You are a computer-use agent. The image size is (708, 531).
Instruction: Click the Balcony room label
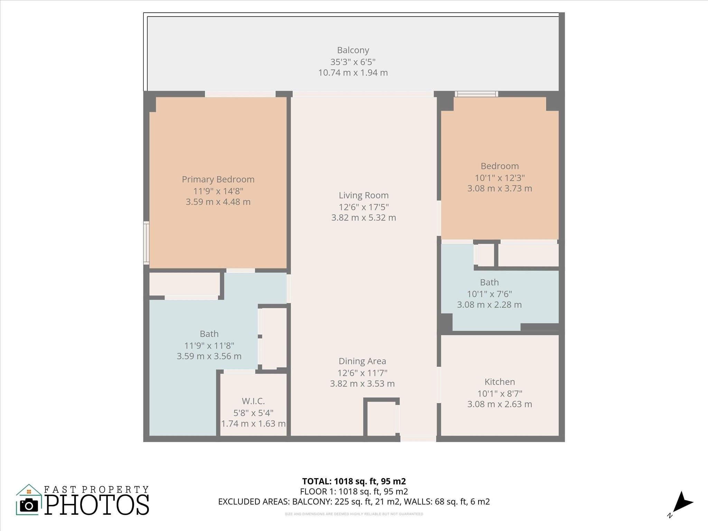coord(353,50)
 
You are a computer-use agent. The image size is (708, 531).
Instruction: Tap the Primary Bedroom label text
coord(218,179)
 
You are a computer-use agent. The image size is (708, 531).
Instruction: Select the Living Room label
coord(364,195)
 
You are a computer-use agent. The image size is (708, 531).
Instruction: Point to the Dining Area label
coord(362,361)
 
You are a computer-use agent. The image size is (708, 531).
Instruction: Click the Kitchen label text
coord(500,382)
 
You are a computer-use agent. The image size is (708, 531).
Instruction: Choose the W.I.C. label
coord(253,401)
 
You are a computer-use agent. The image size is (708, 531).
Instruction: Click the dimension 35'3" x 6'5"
coord(353,62)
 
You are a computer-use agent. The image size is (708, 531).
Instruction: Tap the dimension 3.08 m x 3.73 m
coord(500,189)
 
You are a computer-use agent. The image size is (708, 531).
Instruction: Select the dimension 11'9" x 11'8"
coord(209,345)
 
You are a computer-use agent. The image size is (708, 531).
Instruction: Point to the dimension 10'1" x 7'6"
coord(489,294)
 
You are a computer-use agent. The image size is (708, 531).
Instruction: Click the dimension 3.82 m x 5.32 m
coord(364,218)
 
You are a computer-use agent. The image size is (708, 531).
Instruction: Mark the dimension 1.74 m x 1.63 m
coord(253,424)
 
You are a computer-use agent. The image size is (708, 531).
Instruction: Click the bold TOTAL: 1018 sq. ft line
coord(354,481)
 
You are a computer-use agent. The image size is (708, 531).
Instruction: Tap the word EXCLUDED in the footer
coord(237,502)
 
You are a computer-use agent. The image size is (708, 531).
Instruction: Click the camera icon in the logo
coord(29,506)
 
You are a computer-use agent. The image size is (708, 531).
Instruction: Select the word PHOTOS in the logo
coord(97,505)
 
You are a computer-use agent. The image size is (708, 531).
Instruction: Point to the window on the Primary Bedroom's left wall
coord(147,243)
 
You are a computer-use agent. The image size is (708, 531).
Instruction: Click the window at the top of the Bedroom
coord(476,94)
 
